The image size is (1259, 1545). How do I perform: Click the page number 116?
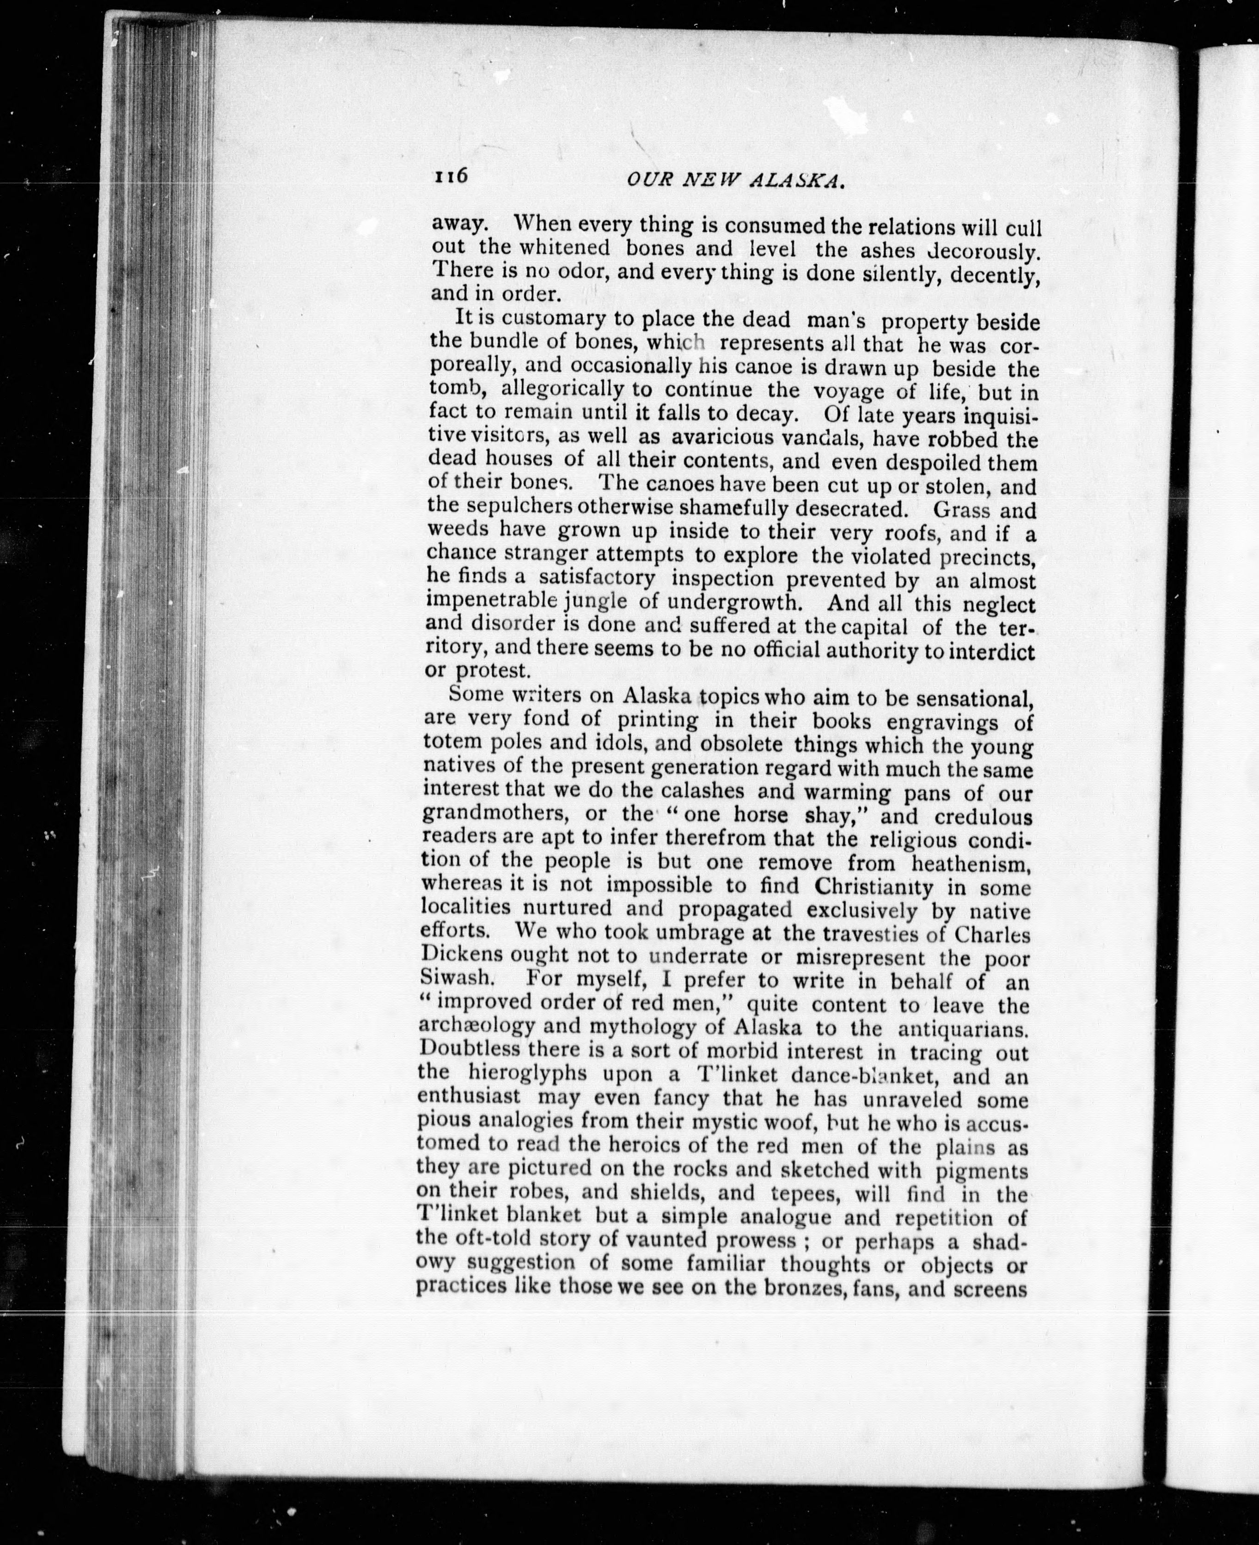[x=452, y=177]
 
